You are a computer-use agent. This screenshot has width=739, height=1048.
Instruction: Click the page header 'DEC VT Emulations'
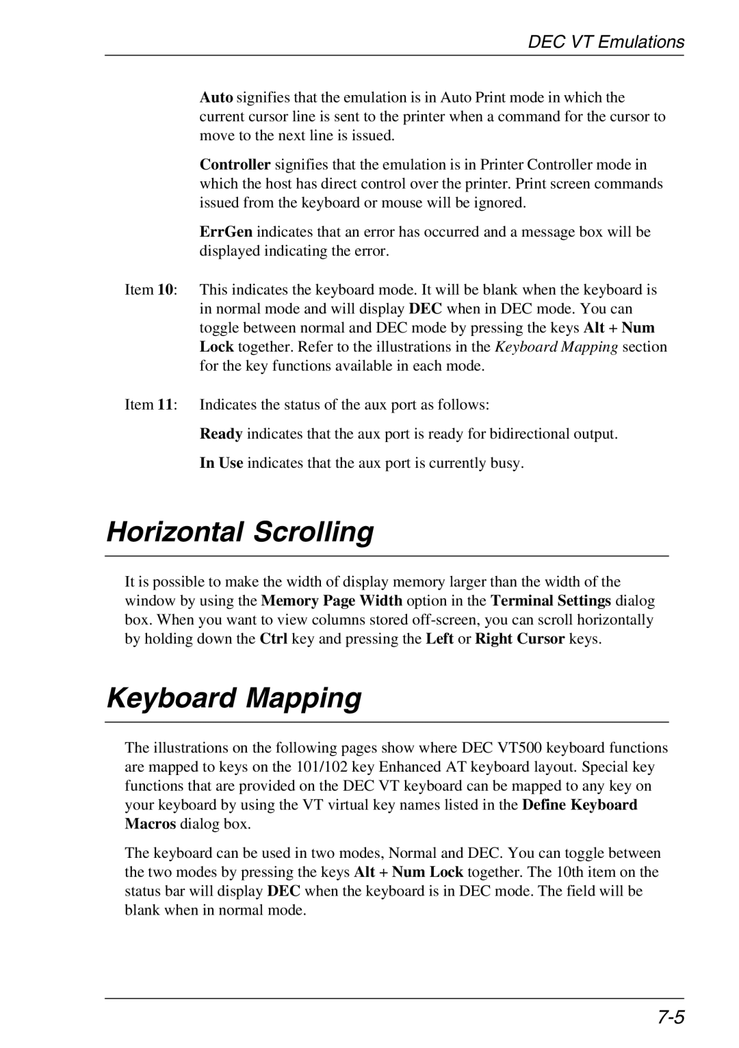click(606, 42)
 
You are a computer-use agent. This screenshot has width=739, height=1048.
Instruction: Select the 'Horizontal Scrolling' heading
click(240, 532)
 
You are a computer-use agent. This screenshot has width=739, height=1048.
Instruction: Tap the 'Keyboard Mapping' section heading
click(234, 698)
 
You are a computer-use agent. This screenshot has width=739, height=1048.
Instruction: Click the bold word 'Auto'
click(216, 98)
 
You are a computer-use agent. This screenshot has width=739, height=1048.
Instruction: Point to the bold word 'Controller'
click(235, 165)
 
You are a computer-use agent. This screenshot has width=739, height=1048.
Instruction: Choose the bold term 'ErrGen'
click(226, 232)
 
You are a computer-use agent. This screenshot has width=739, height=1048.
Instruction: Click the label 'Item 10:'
click(151, 290)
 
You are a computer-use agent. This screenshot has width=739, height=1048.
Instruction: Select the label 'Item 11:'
click(151, 405)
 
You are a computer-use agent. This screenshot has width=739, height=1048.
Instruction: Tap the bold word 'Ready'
click(221, 434)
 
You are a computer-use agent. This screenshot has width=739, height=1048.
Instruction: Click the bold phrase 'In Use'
click(221, 463)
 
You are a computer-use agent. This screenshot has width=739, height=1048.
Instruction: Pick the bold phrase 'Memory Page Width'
click(333, 601)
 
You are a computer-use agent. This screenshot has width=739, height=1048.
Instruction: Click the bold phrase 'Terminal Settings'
click(550, 601)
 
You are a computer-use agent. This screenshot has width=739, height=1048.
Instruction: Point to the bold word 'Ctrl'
click(274, 640)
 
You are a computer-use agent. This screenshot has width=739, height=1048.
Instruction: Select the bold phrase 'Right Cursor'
click(520, 640)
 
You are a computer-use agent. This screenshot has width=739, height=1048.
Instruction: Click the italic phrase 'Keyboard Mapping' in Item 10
click(556, 348)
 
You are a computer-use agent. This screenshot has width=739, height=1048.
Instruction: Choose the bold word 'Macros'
click(151, 824)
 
